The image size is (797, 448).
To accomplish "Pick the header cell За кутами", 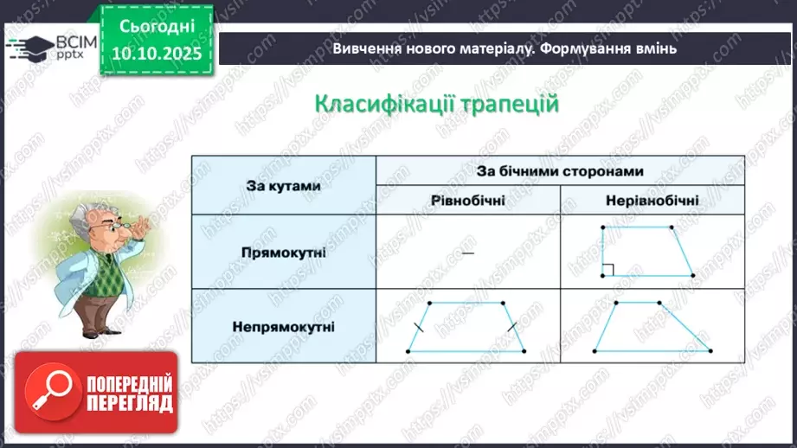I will pyautogui.click(x=283, y=185).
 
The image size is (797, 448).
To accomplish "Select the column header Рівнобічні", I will pyautogui.click(x=468, y=200).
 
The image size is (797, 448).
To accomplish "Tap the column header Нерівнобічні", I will pyautogui.click(x=652, y=200).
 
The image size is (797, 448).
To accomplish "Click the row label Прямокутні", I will pyautogui.click(x=283, y=252).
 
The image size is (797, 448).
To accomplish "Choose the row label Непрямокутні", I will pyautogui.click(x=283, y=326).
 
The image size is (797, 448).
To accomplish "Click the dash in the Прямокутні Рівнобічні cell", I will pyautogui.click(x=468, y=253).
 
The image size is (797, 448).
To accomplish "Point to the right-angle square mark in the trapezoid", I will pyautogui.click(x=607, y=270).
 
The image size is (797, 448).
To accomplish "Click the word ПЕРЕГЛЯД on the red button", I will pyautogui.click(x=129, y=403).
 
